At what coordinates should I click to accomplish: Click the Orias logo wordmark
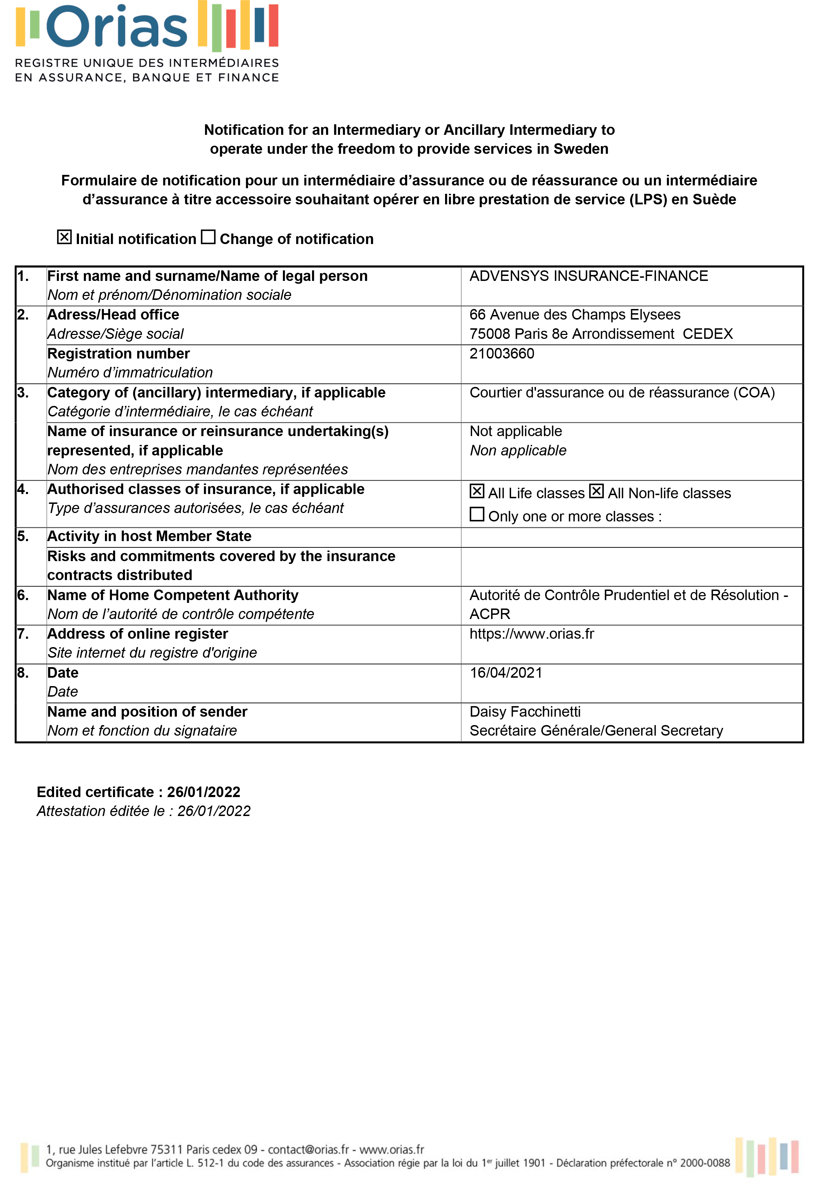tap(117, 27)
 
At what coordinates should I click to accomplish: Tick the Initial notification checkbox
tap(64, 237)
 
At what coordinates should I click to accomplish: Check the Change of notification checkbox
tap(208, 237)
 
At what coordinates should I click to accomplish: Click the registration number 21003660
tap(502, 354)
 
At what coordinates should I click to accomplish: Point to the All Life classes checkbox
tap(477, 492)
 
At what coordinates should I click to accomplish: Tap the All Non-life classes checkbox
tap(596, 492)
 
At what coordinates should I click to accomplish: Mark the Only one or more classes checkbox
tap(477, 514)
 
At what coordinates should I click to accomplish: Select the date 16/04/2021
tap(506, 673)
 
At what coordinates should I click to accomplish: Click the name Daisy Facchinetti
tap(525, 712)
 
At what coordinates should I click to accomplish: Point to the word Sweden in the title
tap(581, 149)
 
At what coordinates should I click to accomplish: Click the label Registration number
tap(118, 354)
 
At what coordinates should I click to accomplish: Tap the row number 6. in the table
tap(23, 596)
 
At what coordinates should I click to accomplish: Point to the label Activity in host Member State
tap(149, 536)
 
